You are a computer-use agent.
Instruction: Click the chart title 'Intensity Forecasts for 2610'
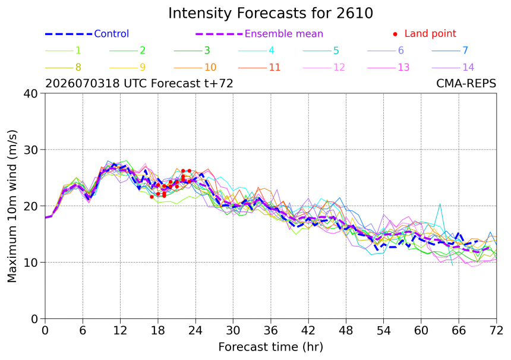point(270,13)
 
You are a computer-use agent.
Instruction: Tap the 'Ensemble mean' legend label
point(284,33)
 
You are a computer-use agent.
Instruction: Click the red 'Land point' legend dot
point(395,34)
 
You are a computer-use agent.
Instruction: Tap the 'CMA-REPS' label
point(466,83)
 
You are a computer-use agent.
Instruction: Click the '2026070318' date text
point(83,83)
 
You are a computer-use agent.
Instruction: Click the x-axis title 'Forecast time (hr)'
point(270,348)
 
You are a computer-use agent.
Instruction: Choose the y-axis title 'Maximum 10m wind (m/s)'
point(12,206)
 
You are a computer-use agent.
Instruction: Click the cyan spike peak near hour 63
point(440,204)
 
